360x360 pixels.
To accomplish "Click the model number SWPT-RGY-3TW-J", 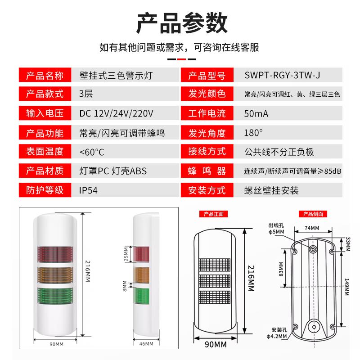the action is coord(282,75).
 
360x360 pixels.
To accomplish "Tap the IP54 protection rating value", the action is coord(88,190).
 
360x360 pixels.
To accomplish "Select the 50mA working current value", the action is coord(256,114).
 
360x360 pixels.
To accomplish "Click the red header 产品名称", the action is coord(45,76).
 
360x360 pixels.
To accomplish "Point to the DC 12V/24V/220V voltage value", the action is coord(116,114).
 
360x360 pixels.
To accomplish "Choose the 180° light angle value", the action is coord(253,133).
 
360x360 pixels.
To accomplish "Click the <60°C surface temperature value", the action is coord(92,152).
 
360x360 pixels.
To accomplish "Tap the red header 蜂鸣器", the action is coord(207,171).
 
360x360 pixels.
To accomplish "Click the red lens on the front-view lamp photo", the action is coord(55,254).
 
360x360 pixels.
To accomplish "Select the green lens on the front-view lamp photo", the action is coord(55,296).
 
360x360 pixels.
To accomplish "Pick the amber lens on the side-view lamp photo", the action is coord(141,275).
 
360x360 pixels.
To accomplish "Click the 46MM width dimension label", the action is coord(146,344).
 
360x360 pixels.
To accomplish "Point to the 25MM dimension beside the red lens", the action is coord(126,254).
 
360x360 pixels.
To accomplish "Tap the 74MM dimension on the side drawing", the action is coord(312,228).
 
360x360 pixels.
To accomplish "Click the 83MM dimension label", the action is coord(281,269).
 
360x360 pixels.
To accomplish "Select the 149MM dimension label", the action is coord(346,287).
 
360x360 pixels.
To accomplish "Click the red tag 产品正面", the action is coord(213,214).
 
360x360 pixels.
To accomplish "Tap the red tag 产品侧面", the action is coord(313,214).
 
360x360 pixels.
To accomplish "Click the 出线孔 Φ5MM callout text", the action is coord(276,229).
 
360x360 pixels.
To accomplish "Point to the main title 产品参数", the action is coord(182,23).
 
